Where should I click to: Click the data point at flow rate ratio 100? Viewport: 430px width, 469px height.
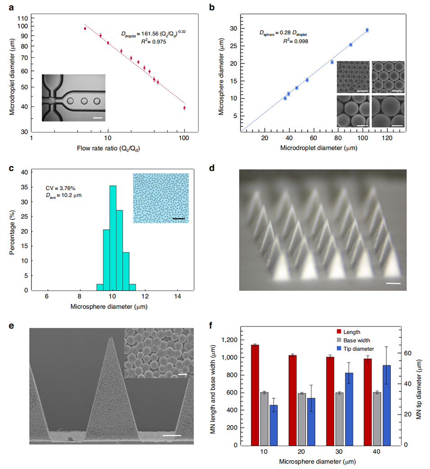coord(184,108)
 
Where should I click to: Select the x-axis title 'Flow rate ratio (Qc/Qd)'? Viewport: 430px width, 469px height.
coord(107,147)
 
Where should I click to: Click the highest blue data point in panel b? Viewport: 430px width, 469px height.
coord(367,30)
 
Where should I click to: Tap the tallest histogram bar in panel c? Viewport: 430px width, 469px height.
coord(113,236)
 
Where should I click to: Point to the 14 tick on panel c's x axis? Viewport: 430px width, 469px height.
coord(177,296)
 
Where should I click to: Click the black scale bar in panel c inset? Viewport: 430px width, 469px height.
coord(178,219)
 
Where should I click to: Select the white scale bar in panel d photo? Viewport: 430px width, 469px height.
coord(393,284)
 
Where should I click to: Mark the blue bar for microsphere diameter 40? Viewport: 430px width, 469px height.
coord(386,405)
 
